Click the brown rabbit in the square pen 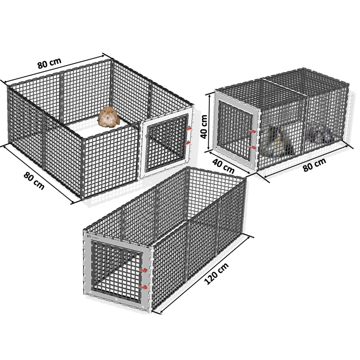point(108,117)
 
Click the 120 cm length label point(216,274)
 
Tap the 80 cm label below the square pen point(34,181)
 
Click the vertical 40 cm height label point(204,127)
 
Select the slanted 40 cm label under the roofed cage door point(223,166)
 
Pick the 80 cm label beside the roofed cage point(314,164)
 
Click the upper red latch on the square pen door point(189,129)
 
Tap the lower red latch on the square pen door point(188,143)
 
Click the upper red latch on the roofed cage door point(252,132)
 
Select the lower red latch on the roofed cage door point(252,147)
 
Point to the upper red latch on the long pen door point(144,270)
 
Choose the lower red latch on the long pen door point(144,287)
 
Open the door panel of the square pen point(167,143)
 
